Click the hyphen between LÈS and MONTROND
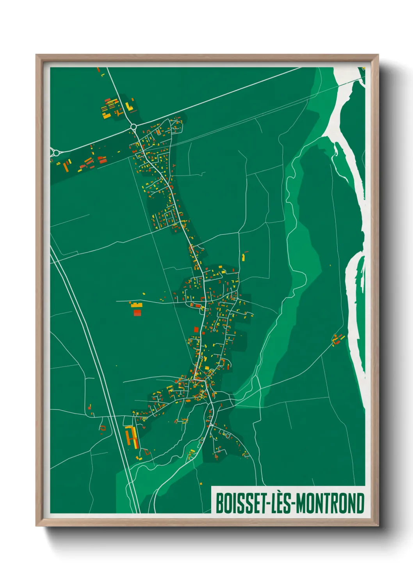[294, 504]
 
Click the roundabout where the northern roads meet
[134, 127]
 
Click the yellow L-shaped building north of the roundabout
[130, 107]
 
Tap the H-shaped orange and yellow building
[132, 438]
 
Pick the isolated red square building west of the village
[137, 312]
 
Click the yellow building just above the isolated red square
[136, 305]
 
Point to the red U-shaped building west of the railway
[103, 428]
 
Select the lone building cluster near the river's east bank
[337, 339]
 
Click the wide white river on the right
[353, 164]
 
